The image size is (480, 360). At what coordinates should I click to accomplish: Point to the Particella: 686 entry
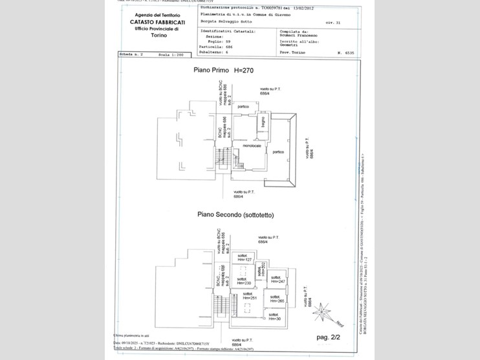click(x=222, y=47)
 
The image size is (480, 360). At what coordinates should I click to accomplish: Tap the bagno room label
click(x=265, y=121)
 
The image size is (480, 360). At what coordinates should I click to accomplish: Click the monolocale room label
click(x=252, y=146)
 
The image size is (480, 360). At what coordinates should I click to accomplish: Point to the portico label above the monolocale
click(x=243, y=106)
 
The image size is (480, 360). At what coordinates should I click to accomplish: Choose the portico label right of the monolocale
click(x=278, y=152)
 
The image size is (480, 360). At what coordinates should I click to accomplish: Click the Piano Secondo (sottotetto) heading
click(x=239, y=214)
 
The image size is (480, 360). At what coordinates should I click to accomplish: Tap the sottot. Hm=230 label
click(x=243, y=281)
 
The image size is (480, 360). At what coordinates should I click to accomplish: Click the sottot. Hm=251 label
click(x=250, y=295)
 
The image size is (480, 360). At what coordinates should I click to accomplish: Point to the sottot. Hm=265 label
click(x=276, y=299)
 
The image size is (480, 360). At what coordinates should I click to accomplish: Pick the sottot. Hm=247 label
click(x=278, y=279)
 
